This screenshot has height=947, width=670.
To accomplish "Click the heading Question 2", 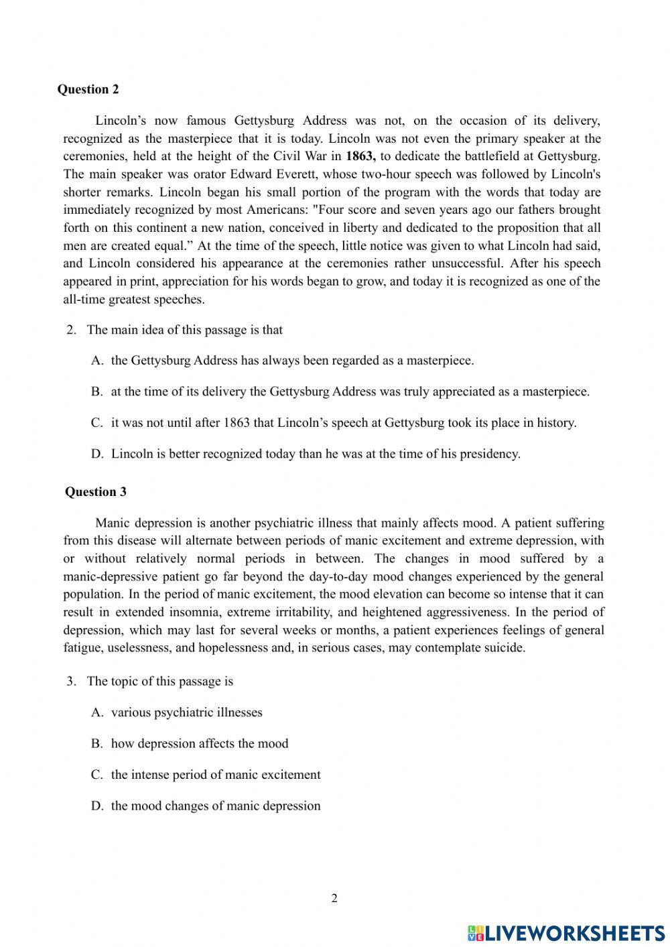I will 88,89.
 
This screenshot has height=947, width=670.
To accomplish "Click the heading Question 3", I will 95,491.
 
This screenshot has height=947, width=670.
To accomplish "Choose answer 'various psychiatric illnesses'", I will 186,712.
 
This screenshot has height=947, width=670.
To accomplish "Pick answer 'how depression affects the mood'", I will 199,743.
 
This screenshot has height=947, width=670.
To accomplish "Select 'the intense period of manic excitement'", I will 215,775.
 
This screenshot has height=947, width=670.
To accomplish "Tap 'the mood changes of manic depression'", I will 215,806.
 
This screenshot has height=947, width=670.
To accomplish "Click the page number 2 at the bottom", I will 334,898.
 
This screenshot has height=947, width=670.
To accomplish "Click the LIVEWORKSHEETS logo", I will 565,932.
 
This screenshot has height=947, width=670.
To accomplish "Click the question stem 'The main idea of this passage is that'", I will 184,329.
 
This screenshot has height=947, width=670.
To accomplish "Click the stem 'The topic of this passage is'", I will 159,681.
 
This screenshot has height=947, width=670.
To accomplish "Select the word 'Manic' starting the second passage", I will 112,523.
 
